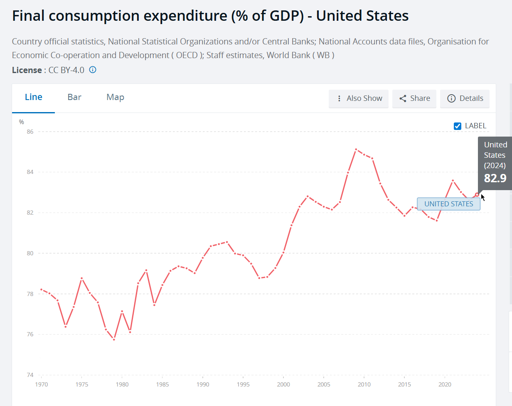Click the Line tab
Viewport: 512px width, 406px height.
point(34,97)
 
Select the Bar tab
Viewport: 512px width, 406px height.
point(74,97)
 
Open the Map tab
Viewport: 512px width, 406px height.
point(115,97)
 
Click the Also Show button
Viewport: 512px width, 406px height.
point(359,98)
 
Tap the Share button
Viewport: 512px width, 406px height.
point(414,98)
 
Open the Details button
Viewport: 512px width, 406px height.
point(465,98)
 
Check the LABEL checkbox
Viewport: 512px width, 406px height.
point(458,126)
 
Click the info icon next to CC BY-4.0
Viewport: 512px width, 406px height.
point(93,70)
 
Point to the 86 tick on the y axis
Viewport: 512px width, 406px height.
point(30,132)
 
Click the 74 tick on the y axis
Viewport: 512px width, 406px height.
point(30,375)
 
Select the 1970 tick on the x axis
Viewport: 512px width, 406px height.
point(41,384)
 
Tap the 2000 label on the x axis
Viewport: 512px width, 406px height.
point(283,384)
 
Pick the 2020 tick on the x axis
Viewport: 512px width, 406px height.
point(445,384)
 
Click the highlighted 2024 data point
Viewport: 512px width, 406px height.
point(477,194)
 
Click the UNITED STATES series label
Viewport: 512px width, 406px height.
point(448,204)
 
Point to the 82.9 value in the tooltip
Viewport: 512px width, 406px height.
point(495,178)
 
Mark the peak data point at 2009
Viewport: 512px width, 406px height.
point(356,149)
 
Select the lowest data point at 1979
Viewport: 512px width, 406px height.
point(114,340)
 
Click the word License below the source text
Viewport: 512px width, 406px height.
point(27,70)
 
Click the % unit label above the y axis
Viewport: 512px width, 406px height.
point(22,122)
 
